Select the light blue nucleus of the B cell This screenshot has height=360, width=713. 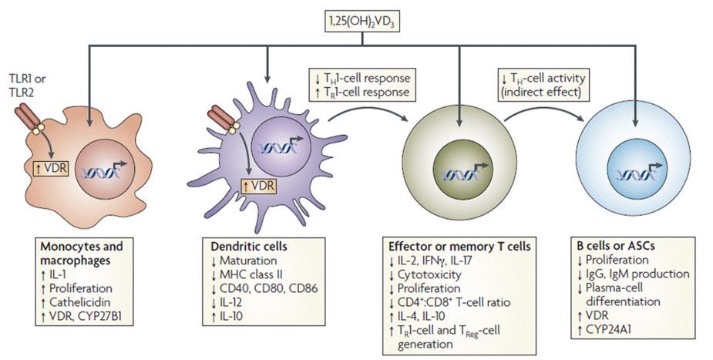click(636, 172)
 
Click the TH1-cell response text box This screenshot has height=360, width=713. click(362, 87)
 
